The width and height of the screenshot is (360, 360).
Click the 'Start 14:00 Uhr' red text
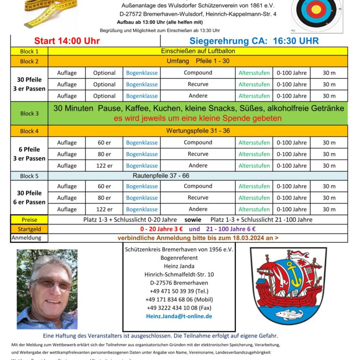point(67,41)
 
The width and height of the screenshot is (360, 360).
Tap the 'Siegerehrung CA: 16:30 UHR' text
point(254,41)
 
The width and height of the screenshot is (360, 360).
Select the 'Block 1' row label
point(30,52)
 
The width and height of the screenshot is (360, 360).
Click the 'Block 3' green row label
point(30,113)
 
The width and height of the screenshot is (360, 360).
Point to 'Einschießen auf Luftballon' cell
point(198,51)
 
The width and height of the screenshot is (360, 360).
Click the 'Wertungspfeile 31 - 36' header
point(198,131)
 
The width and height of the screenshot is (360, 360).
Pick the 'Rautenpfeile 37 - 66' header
point(198,175)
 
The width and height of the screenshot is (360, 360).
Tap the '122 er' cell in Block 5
point(104,210)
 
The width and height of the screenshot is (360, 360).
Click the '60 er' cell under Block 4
point(104,142)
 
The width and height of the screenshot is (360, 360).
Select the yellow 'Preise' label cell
point(30,220)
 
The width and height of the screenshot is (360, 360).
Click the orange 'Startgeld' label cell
point(30,229)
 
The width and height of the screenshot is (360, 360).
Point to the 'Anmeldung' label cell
point(30,238)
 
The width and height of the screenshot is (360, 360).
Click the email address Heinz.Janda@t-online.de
point(179,316)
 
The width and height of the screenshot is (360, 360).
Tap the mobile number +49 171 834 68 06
point(179,300)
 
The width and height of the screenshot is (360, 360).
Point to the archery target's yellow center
point(316,9)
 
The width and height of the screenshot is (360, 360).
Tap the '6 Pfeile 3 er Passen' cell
point(30,154)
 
